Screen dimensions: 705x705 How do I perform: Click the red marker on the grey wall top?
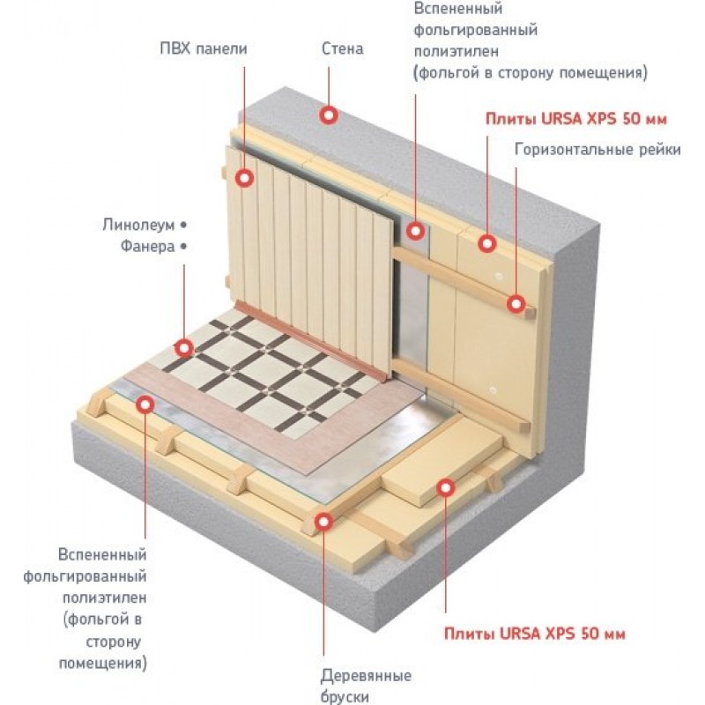(329, 115)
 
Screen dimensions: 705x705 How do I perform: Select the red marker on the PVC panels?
(246, 178)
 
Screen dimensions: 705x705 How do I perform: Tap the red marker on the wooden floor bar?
(323, 522)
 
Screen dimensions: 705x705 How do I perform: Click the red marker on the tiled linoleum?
(184, 347)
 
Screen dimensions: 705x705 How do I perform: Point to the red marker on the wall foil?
(415, 231)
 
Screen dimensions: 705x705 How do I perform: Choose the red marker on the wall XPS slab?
(486, 241)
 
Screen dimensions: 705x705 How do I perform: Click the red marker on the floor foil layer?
(145, 404)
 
